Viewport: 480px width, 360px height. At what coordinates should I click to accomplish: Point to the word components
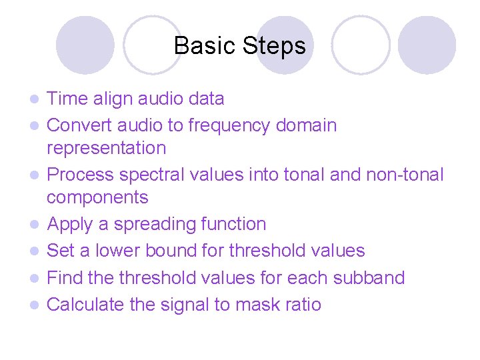(97, 197)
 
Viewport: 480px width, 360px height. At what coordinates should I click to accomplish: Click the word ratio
(307, 305)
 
